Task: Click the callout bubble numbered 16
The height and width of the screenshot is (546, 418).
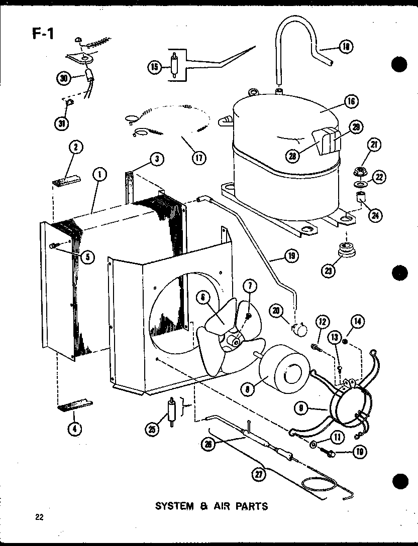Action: (x=350, y=101)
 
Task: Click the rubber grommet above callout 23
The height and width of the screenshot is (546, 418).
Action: (x=345, y=249)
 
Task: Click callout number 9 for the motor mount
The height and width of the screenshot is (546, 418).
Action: (x=302, y=409)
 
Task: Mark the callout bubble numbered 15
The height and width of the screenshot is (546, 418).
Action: (x=154, y=67)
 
